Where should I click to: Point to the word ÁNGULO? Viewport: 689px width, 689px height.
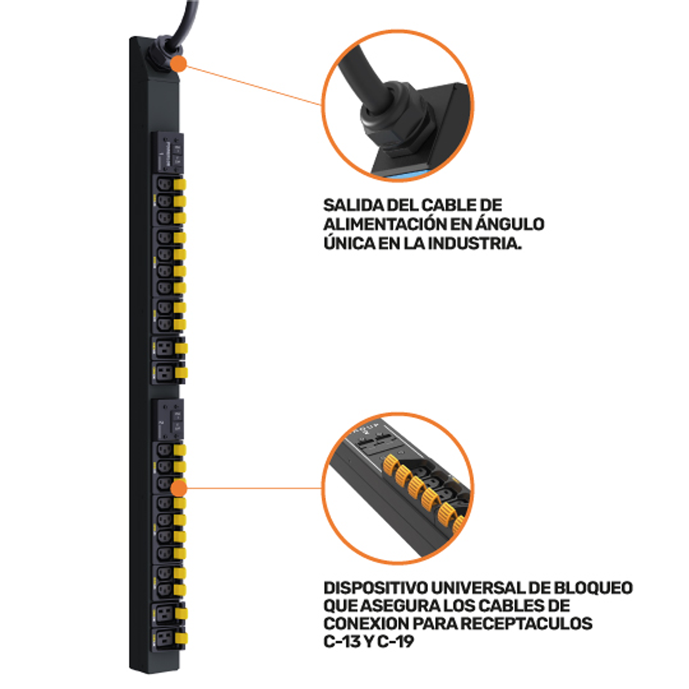pyautogui.click(x=509, y=224)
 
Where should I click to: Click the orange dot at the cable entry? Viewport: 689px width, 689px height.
pyautogui.click(x=178, y=64)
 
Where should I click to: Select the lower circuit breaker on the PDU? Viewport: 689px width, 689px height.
pyautogui.click(x=167, y=419)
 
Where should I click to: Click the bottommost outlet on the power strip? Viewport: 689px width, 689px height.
pyautogui.click(x=163, y=638)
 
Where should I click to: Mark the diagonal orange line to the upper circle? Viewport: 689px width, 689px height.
pyautogui.click(x=254, y=85)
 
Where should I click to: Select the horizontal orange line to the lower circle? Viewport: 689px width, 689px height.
pyautogui.click(x=254, y=488)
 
